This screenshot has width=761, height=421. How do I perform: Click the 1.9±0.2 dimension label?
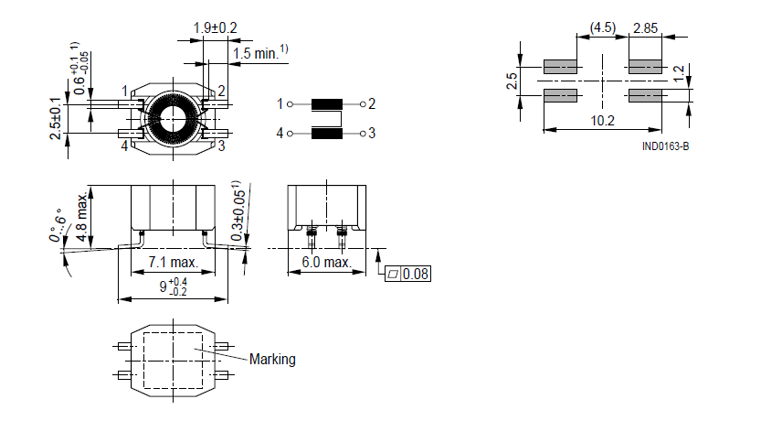click(x=215, y=28)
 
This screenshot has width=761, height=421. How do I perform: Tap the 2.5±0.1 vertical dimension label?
click(x=57, y=118)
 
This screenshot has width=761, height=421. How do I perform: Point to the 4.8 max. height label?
click(x=82, y=216)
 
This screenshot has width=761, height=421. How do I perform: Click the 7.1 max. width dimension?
click(x=174, y=263)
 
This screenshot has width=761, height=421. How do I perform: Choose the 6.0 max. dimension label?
click(x=326, y=263)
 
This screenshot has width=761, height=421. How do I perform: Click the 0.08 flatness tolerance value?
click(x=416, y=275)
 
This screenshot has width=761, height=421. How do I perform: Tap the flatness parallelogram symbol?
click(x=393, y=275)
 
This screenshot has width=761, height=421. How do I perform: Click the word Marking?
click(x=272, y=360)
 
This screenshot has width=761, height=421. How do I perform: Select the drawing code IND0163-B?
click(x=665, y=146)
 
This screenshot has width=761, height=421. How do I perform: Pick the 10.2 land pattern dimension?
click(x=602, y=120)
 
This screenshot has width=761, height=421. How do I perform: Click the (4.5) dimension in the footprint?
click(x=603, y=27)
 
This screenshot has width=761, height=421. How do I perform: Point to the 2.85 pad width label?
click(x=646, y=28)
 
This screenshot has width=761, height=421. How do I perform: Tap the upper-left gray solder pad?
click(x=560, y=67)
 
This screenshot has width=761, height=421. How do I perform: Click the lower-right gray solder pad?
click(x=645, y=95)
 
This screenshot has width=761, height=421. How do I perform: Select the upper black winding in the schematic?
click(x=327, y=104)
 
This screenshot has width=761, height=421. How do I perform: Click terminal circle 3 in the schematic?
click(x=363, y=134)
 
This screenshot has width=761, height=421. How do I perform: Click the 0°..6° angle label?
click(x=57, y=225)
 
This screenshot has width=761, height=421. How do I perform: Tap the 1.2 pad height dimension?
click(x=680, y=73)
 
